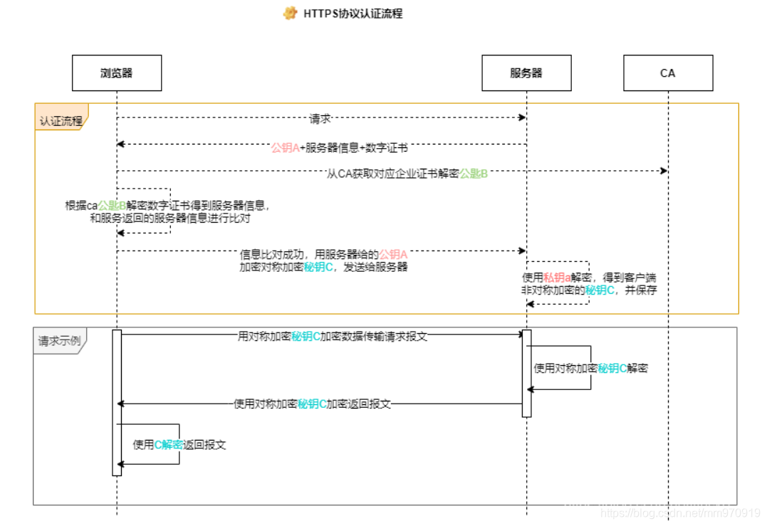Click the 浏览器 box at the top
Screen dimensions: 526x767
point(117,73)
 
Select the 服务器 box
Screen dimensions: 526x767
point(526,73)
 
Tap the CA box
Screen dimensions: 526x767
point(667,73)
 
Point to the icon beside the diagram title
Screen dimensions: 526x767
point(290,14)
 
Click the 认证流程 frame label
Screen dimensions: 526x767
point(60,120)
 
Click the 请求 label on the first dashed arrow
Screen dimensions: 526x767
point(320,119)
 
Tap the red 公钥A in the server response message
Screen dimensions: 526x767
point(285,148)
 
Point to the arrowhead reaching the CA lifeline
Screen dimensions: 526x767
point(664,171)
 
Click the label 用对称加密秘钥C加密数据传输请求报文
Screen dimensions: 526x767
point(332,337)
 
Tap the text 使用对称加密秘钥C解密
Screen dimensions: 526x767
point(590,368)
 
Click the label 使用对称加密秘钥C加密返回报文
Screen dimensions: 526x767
point(312,404)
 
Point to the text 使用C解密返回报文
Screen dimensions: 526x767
point(179,444)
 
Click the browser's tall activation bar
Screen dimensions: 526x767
point(117,402)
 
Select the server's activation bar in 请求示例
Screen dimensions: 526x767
point(526,373)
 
